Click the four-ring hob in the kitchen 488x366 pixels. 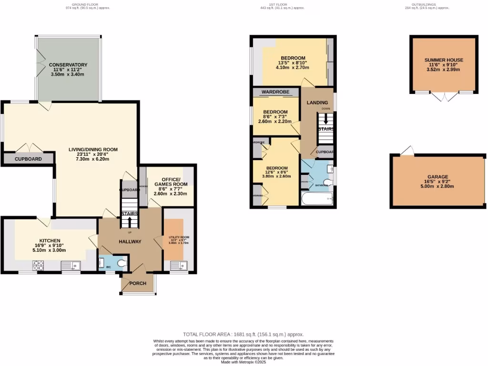tap(38, 265)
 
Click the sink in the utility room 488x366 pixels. tap(183, 266)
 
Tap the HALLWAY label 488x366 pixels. tap(130, 242)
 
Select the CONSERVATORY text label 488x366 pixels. tap(68, 65)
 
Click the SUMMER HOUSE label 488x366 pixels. tap(444, 60)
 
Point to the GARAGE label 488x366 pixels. tap(437, 177)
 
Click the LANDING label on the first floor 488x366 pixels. tap(317, 102)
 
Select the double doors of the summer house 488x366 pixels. tap(444, 97)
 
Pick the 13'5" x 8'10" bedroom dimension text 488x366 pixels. tap(292, 63)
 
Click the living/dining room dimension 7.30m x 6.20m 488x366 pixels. tap(93, 159)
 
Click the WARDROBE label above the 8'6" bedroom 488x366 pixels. tap(275, 91)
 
